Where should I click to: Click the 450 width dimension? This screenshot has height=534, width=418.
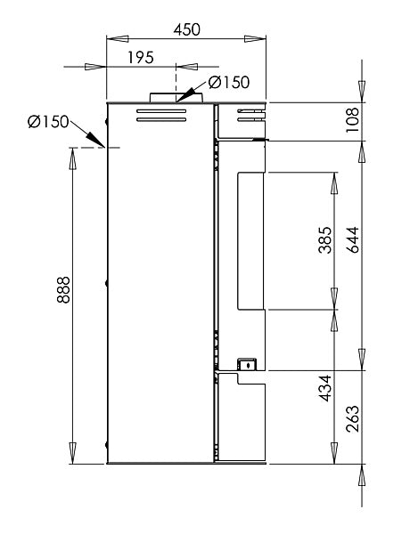tap(186, 29)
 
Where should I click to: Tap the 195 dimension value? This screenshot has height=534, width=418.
tap(141, 58)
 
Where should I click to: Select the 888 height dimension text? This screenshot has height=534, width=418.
tap(63, 290)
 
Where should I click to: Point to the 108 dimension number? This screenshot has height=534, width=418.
tap(353, 120)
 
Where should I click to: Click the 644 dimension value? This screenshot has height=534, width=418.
tap(353, 239)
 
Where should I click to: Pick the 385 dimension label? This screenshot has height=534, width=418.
tap(325, 240)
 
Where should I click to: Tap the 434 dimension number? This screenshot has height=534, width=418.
tap(325, 388)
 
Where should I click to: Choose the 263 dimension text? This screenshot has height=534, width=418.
tap(353, 419)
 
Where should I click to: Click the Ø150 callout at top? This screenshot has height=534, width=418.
tap(229, 82)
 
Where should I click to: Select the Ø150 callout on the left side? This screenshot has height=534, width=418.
tap(48, 122)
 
